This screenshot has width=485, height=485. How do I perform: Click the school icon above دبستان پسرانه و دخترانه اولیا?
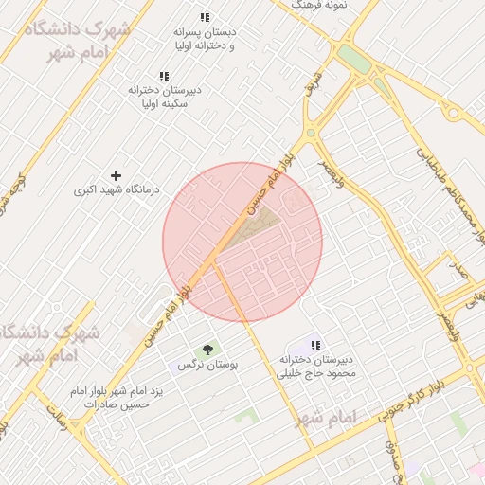(x=205, y=17)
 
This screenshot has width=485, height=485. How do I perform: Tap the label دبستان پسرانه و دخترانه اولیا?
(x=205, y=38)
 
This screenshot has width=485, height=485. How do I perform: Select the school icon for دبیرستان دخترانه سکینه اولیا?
(x=164, y=75)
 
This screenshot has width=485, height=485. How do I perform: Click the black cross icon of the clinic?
(x=117, y=175)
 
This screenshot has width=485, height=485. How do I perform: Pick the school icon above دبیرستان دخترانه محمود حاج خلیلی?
(x=315, y=345)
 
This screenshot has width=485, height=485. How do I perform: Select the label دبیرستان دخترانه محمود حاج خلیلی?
(x=315, y=367)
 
